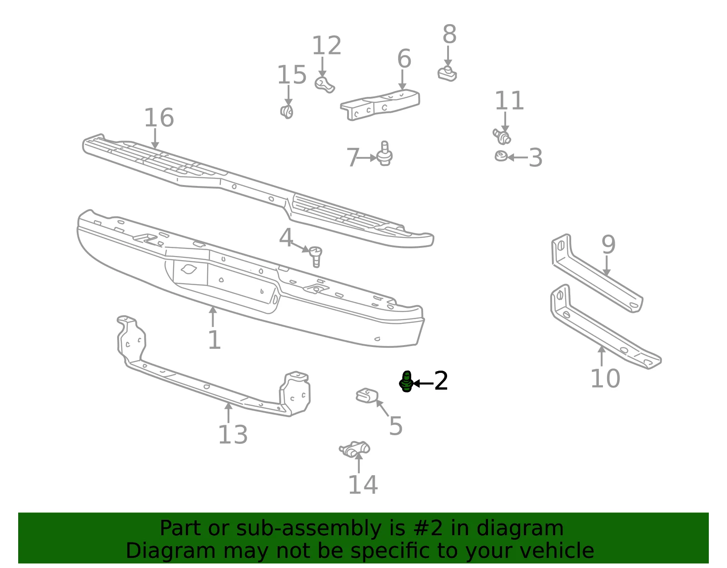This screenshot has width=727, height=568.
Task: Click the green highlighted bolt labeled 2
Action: click(x=407, y=381)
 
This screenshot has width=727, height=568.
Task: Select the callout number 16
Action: click(x=159, y=117)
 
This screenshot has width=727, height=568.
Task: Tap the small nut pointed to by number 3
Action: click(x=501, y=156)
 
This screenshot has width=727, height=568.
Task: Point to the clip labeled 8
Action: click(x=447, y=74)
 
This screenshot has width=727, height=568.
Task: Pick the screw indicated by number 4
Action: click(x=315, y=256)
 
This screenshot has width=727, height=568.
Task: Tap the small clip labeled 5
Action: click(x=367, y=396)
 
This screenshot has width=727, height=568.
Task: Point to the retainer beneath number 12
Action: click(x=324, y=85)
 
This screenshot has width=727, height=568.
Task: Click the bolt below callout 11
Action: click(x=502, y=136)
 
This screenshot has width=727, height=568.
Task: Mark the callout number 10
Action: click(x=605, y=378)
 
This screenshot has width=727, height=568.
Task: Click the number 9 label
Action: click(x=608, y=244)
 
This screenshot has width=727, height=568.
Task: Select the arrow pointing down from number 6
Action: click(x=402, y=80)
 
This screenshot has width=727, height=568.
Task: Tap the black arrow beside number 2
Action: click(x=423, y=383)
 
